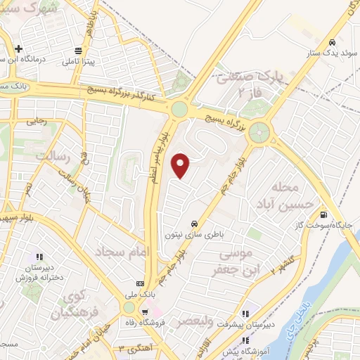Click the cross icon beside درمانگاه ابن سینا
pyautogui.click(x=18, y=49)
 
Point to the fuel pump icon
pyautogui.click(x=323, y=214)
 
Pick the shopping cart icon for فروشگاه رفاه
pyautogui.click(x=145, y=310)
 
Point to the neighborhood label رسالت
pyautogui.click(x=56, y=156)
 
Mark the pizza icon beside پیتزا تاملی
pyautogui.click(x=77, y=51)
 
